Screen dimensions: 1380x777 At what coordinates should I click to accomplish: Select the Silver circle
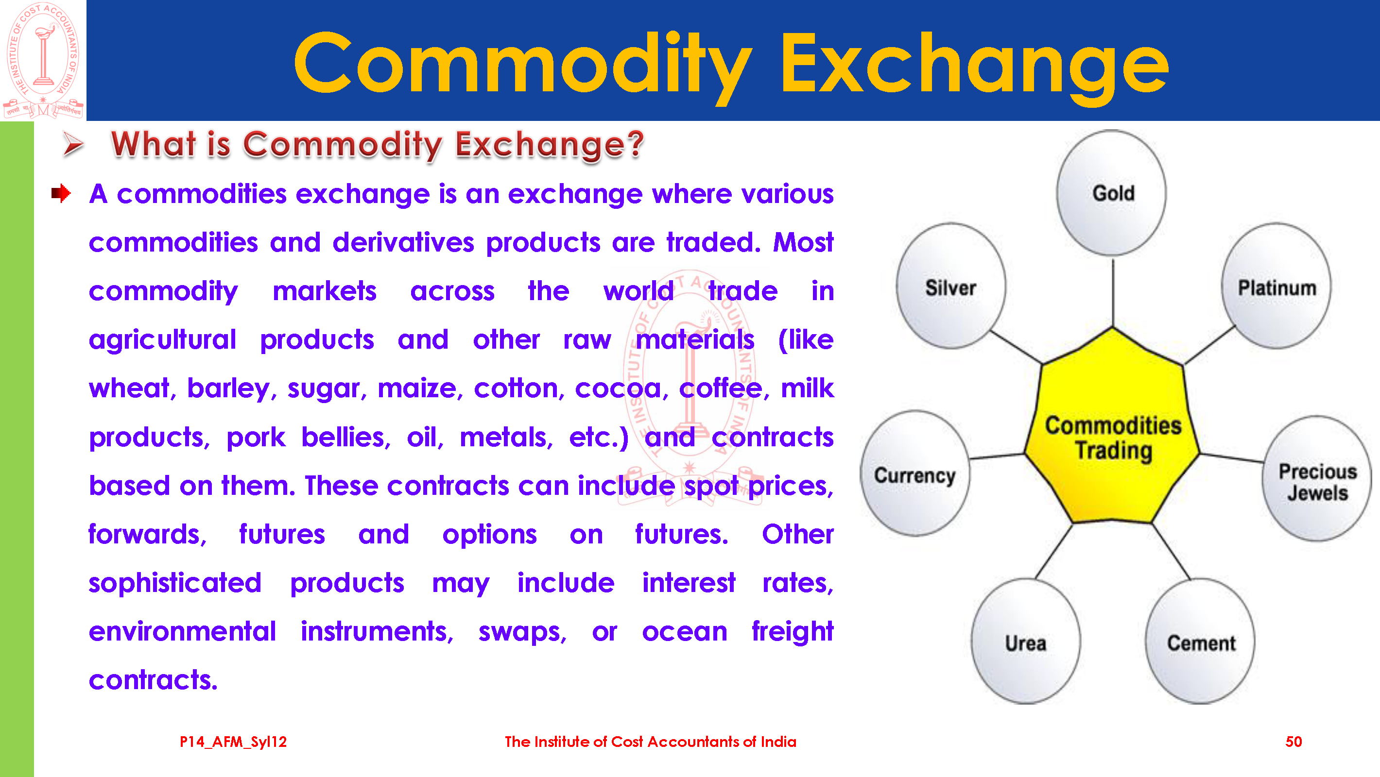click(x=951, y=287)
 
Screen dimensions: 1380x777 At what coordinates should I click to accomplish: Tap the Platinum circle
click(x=1276, y=287)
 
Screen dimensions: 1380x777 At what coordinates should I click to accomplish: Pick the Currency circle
click(x=915, y=474)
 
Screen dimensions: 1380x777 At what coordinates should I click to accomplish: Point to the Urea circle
click(x=1026, y=642)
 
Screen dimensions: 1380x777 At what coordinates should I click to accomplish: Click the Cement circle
click(x=1200, y=642)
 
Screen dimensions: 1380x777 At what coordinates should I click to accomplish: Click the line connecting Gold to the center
click(x=1113, y=292)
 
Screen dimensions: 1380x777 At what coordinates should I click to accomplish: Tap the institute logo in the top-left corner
click(x=43, y=60)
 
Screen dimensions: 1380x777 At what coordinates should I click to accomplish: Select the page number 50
click(x=1293, y=742)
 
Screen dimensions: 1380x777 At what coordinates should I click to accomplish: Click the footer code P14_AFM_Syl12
click(x=233, y=742)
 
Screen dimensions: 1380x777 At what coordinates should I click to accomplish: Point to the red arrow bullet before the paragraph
click(x=61, y=193)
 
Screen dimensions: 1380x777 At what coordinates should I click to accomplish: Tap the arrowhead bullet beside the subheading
click(x=73, y=144)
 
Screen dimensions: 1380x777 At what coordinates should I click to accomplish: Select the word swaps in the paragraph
click(x=522, y=632)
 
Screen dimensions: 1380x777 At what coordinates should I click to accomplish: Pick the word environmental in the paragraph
click(x=182, y=631)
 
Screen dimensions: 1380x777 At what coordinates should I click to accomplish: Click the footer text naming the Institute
click(x=650, y=742)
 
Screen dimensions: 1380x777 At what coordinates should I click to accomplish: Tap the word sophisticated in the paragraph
click(x=175, y=583)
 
